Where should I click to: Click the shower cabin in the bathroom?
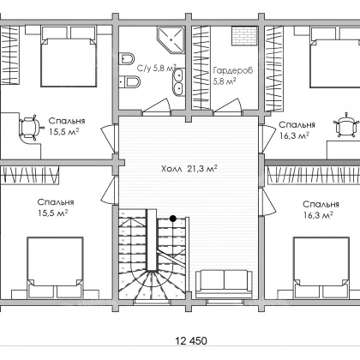click(x=171, y=39)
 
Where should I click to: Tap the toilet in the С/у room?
click(x=126, y=58)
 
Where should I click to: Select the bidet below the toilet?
click(x=129, y=82)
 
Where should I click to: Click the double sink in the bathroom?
click(x=178, y=82)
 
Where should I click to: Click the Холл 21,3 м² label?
click(x=189, y=169)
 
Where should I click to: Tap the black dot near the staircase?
click(x=172, y=219)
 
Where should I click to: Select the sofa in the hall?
click(x=224, y=284)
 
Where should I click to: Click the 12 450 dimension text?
click(x=191, y=340)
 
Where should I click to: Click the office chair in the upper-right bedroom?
click(x=345, y=124)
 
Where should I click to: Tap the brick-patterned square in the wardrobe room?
click(x=243, y=36)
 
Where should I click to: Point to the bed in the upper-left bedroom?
click(x=69, y=57)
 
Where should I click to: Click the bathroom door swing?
click(x=157, y=106)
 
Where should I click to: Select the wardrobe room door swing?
click(x=229, y=107)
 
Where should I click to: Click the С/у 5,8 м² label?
click(x=157, y=68)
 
